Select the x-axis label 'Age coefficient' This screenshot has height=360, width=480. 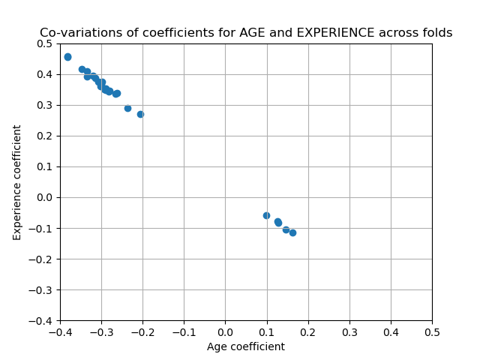pyautogui.click(x=246, y=346)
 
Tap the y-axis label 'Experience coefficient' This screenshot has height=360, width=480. pyautogui.click(x=17, y=182)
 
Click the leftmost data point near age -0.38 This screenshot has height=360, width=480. pyautogui.click(x=67, y=57)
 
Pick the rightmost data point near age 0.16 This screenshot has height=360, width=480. pyautogui.click(x=292, y=232)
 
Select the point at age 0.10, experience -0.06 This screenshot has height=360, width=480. pyautogui.click(x=266, y=215)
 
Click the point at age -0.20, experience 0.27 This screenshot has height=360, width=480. pyautogui.click(x=140, y=114)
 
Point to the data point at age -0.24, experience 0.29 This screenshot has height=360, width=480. pyautogui.click(x=127, y=108)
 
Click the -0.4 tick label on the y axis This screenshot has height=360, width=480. pyautogui.click(x=43, y=320)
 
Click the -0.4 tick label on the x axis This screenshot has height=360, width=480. pyautogui.click(x=60, y=331)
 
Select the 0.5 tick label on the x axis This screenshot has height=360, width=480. pyautogui.click(x=432, y=331)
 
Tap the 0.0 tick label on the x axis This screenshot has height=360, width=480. pyautogui.click(x=225, y=331)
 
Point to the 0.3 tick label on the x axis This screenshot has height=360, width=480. pyautogui.click(x=349, y=331)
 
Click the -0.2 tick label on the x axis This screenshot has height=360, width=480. pyautogui.click(x=142, y=331)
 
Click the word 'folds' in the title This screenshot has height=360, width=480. pyautogui.click(x=437, y=33)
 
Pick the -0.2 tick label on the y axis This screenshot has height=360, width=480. pyautogui.click(x=43, y=259)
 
